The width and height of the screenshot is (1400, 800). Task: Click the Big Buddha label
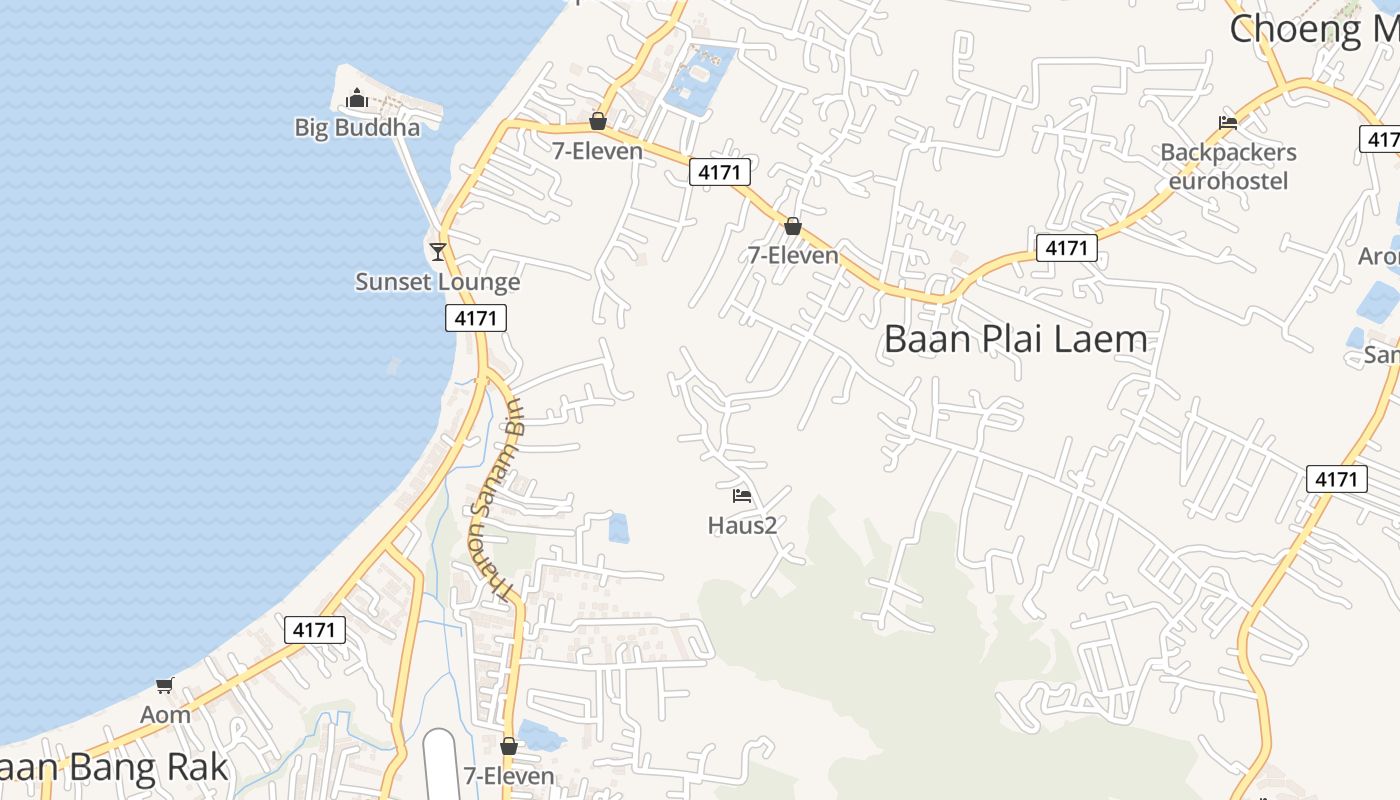[x=357, y=127]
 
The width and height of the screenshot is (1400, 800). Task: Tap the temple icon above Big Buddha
[x=356, y=98]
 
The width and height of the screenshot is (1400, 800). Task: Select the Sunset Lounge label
[x=438, y=282]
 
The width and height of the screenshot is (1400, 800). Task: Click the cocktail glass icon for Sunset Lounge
[x=437, y=251]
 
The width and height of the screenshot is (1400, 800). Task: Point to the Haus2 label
[x=742, y=525]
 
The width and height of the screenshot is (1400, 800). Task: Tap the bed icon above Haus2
[x=741, y=496]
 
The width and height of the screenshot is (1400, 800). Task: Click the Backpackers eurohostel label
[x=1228, y=166]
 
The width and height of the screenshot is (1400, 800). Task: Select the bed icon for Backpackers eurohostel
[x=1228, y=123]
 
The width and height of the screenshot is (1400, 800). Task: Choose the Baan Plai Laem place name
[x=1015, y=340]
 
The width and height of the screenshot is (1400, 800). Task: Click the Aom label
[x=165, y=715]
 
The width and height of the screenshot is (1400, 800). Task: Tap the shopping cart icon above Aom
[x=165, y=685]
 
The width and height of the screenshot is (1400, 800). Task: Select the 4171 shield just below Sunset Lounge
[x=476, y=318]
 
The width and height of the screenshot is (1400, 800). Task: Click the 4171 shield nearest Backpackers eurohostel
[x=1066, y=247]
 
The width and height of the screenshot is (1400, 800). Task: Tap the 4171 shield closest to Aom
[x=315, y=630]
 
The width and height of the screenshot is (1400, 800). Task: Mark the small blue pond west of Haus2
[x=619, y=527]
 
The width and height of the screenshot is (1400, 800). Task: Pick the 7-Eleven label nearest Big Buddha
[x=598, y=151]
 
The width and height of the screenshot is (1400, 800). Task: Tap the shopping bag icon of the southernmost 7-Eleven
[x=509, y=746]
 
